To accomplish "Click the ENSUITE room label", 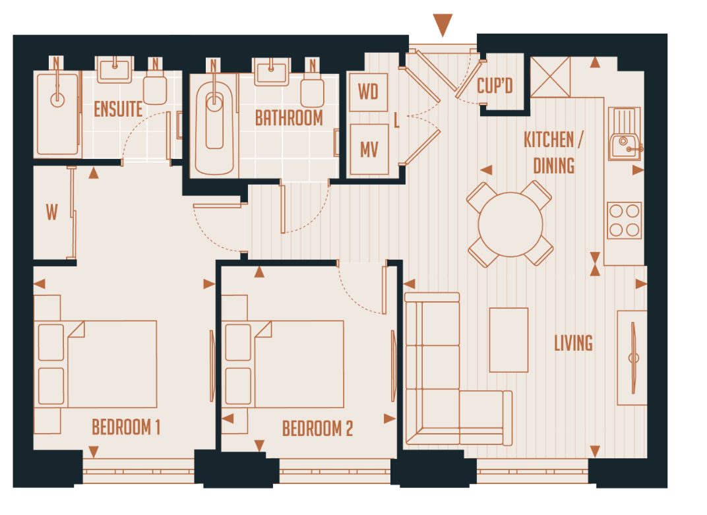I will point(118,109).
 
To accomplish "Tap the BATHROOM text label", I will point(289,118).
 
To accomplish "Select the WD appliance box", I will point(367,92).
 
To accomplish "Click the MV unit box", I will point(369,150).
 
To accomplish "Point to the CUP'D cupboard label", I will point(495,86).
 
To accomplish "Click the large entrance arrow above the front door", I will point(442,25).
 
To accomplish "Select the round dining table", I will point(510,224).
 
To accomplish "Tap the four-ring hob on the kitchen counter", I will point(624,220).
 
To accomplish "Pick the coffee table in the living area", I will point(508,340).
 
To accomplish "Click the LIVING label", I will point(572,343).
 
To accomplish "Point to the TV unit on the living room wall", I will point(632,357).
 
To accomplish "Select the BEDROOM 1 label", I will point(126,427).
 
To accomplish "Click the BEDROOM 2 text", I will point(317,429).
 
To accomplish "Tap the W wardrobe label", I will point(51,212).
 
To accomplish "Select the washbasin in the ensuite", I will point(117,69).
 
